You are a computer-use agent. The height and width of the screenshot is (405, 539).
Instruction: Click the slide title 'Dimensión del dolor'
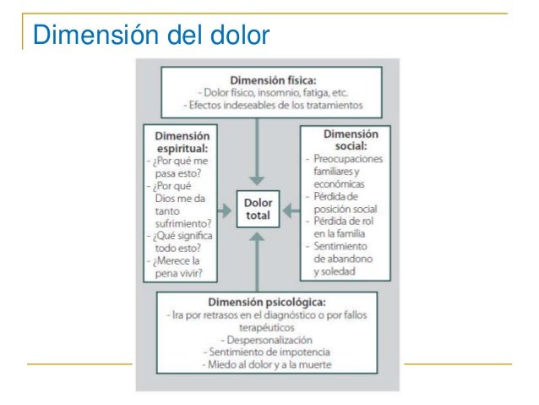(x=150, y=36)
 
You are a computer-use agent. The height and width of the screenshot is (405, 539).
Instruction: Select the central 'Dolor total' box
(x=258, y=209)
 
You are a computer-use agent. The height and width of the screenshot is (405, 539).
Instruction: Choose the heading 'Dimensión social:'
(x=351, y=140)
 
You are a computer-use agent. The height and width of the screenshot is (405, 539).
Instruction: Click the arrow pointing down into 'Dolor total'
(x=258, y=152)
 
